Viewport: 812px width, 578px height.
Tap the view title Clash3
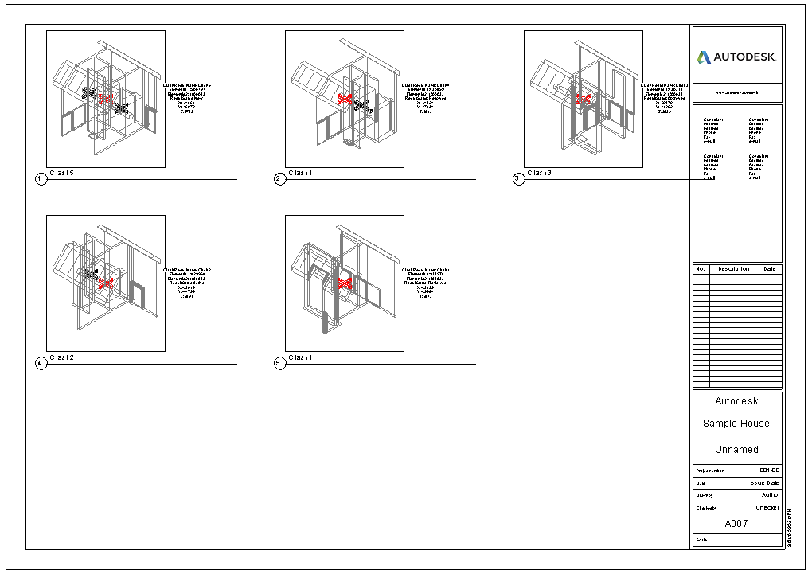point(540,173)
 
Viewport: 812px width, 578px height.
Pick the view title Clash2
point(62,357)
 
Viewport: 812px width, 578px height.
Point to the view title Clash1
point(301,357)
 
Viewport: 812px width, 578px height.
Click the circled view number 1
point(41,179)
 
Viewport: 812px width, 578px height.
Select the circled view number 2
point(279,179)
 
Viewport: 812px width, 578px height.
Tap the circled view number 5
point(279,364)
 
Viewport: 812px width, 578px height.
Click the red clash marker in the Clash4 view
point(345,99)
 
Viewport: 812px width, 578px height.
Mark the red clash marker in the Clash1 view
point(344,283)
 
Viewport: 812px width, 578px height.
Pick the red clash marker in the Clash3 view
point(584,99)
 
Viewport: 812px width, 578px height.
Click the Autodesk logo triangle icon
point(704,57)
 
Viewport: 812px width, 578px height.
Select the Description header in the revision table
point(733,269)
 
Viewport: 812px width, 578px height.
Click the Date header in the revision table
point(769,269)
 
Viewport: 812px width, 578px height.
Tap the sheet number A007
point(737,524)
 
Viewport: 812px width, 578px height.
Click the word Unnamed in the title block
point(736,450)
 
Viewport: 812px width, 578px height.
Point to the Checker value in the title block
point(767,508)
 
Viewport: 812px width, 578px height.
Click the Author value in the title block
point(771,495)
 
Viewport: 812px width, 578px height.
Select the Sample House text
point(736,424)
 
